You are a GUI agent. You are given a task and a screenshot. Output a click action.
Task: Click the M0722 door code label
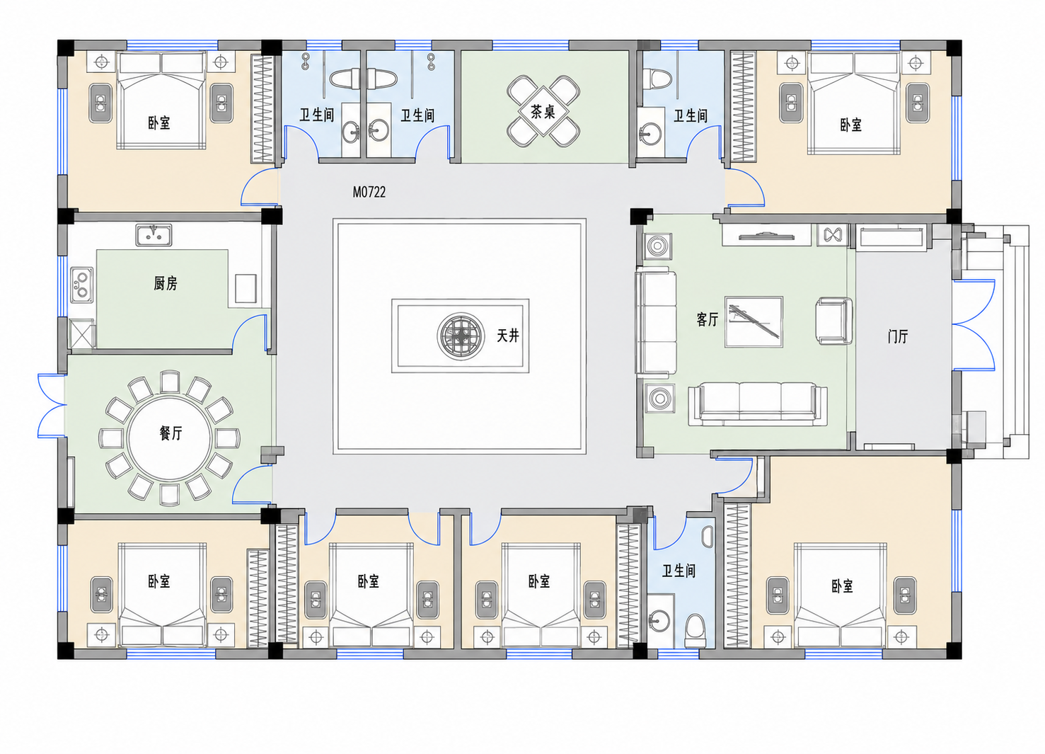(369, 192)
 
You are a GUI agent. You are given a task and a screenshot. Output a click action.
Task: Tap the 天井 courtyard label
(507, 335)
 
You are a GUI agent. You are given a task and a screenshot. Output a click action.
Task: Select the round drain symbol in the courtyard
(461, 336)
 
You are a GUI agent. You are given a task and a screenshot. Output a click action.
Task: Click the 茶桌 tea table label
(543, 112)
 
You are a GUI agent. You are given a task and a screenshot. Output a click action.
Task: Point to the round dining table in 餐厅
(170, 439)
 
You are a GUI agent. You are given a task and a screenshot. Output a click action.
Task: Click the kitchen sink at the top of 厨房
(154, 235)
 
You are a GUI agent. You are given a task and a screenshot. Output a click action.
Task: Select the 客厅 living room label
(708, 320)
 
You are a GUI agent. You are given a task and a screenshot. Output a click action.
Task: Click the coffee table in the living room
(754, 321)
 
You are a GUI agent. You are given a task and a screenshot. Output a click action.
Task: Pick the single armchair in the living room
(833, 321)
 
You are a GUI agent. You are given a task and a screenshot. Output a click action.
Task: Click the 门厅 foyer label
(898, 336)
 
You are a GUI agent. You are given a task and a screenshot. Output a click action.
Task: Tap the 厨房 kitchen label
(166, 283)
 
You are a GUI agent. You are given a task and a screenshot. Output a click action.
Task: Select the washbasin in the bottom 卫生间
(660, 620)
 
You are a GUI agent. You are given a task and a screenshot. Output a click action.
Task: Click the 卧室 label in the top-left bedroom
(159, 122)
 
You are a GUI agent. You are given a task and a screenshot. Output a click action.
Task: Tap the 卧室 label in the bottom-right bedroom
(842, 586)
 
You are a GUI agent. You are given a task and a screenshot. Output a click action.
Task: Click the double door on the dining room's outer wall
(52, 406)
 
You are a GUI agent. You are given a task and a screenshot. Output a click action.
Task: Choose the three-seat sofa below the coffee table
(758, 404)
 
